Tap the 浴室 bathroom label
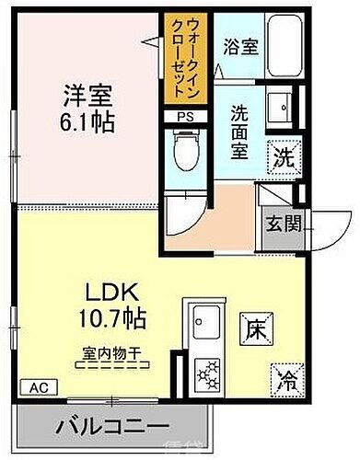tap(242, 45)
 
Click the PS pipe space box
tap(184, 115)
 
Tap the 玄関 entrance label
tap(280, 224)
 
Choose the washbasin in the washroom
tap(280, 103)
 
